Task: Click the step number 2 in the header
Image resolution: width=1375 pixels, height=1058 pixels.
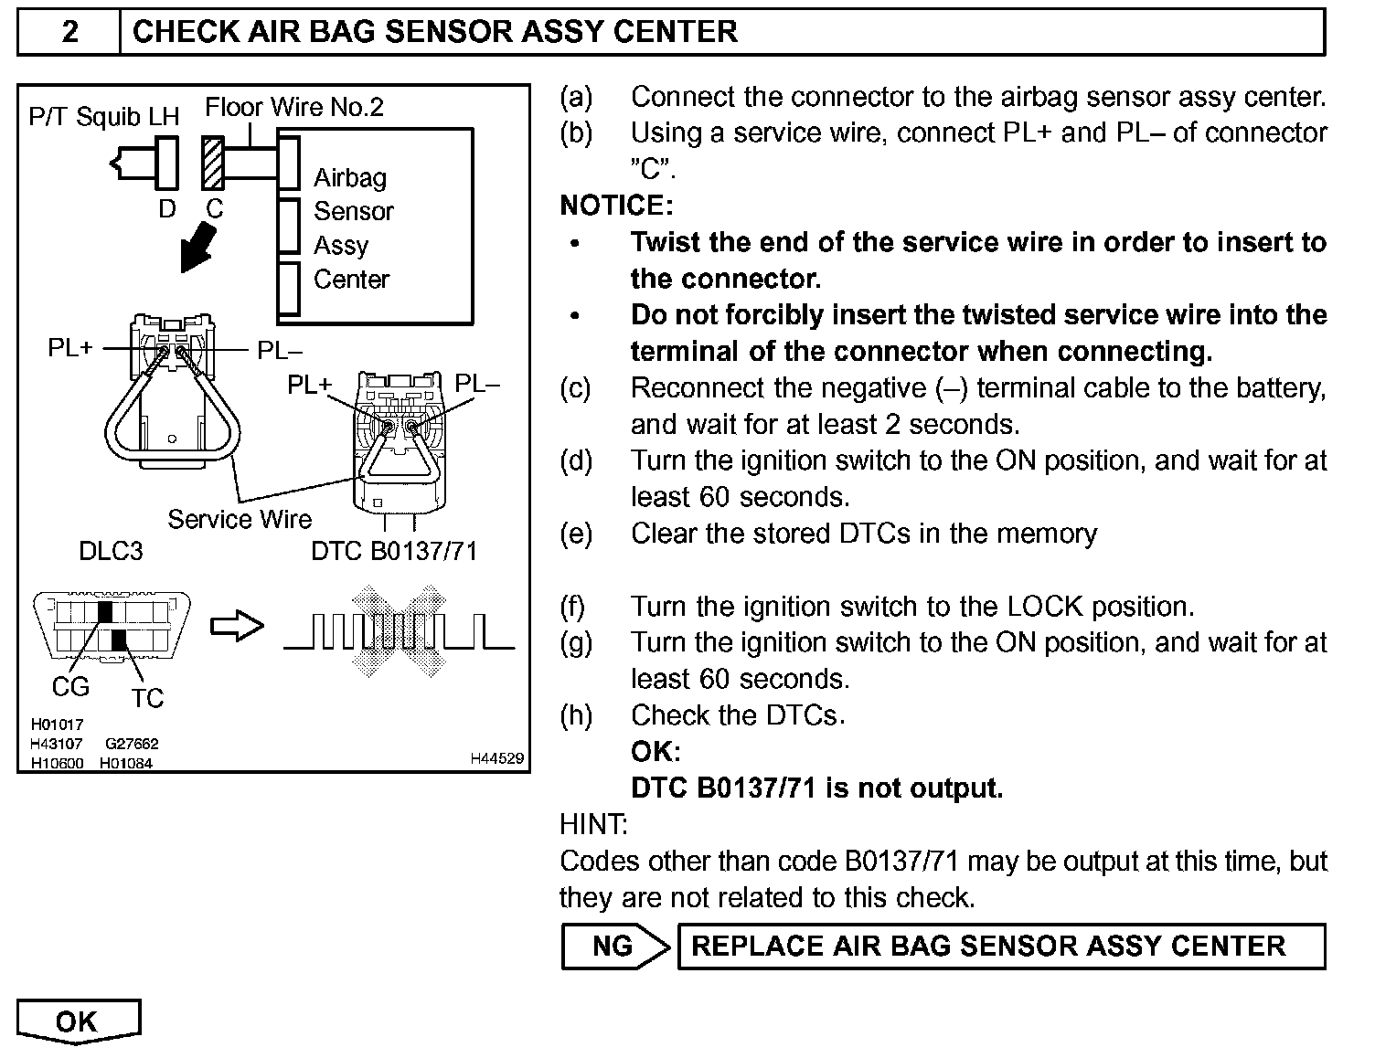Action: coord(69,32)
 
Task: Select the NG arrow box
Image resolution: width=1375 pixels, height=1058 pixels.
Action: coord(614,947)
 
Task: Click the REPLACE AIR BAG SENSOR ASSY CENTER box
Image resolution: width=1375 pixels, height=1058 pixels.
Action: coord(1000,947)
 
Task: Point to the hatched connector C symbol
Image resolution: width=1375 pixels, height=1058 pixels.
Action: coord(212,163)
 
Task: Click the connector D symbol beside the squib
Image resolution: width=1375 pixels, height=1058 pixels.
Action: coord(167,163)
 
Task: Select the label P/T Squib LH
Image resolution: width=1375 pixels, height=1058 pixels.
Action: coord(104,117)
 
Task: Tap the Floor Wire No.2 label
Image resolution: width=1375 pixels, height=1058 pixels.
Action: coord(294,108)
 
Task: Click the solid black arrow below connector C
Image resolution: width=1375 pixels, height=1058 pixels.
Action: coord(198,248)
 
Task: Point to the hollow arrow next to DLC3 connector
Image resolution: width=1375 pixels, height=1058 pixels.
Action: coord(237,626)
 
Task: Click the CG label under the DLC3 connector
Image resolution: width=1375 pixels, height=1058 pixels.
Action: coord(70,685)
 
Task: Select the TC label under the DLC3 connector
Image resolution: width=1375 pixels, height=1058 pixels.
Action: coord(146,698)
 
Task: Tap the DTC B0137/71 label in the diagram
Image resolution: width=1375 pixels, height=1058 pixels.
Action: coord(394,551)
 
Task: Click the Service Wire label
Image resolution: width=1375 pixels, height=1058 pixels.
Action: coord(240,520)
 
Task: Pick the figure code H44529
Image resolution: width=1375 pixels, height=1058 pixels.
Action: coord(497,758)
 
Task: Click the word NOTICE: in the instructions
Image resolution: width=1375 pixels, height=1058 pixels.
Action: coord(616,206)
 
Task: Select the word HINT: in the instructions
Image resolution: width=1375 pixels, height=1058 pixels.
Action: coord(594,824)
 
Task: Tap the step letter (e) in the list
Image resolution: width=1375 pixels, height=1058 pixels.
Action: coord(576,534)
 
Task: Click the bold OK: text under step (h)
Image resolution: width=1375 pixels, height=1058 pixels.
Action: coord(656,752)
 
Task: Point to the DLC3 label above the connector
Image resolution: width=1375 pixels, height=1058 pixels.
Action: coord(111,551)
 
